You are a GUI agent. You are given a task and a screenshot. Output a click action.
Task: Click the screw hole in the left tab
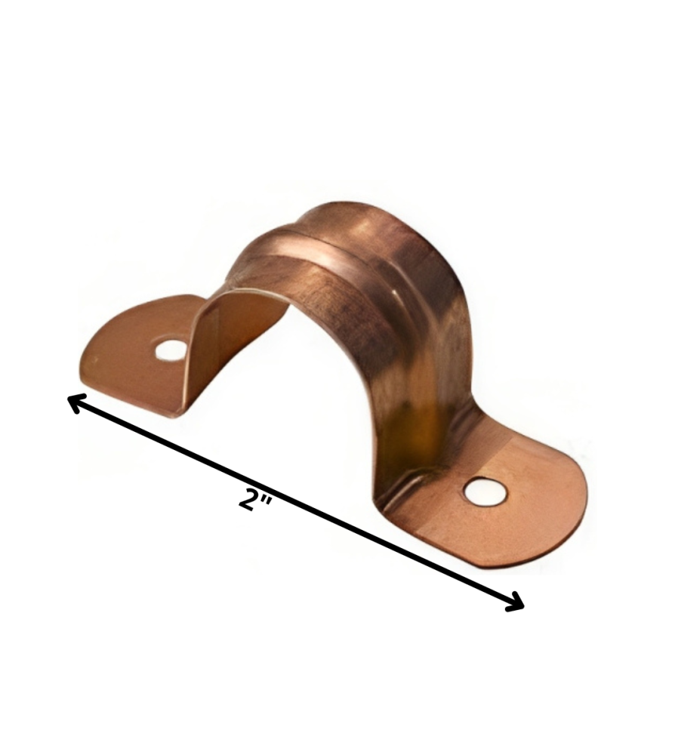point(171,350)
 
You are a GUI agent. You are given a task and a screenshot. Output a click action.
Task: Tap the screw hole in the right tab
point(485,492)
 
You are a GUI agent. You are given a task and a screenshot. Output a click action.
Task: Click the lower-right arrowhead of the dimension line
point(514,602)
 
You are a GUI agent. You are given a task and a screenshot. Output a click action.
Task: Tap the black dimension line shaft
point(295,503)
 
